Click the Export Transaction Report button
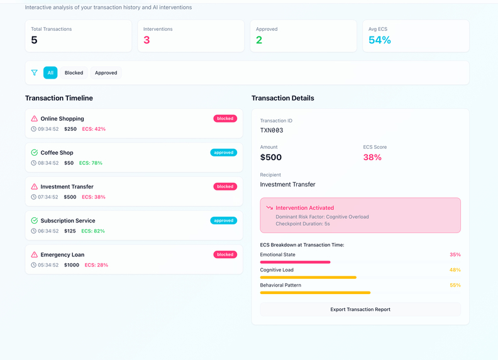pos(360,309)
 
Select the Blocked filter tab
pos(74,73)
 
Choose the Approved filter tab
pos(106,73)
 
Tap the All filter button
pos(50,73)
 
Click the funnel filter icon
pos(35,73)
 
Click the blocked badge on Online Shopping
pos(224,118)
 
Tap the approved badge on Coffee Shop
pos(223,153)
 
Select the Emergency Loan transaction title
pos(62,254)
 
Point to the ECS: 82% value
pos(92,231)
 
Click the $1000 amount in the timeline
pos(72,265)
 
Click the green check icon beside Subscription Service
pos(35,221)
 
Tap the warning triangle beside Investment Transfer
pos(35,187)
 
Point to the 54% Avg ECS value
pos(379,40)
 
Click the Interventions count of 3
pos(147,40)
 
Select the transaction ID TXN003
pos(272,131)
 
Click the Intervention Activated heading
pos(304,208)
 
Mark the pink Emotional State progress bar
pos(295,262)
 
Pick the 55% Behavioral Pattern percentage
pos(455,285)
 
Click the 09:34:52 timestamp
pos(48,129)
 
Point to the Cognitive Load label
pos(277,270)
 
